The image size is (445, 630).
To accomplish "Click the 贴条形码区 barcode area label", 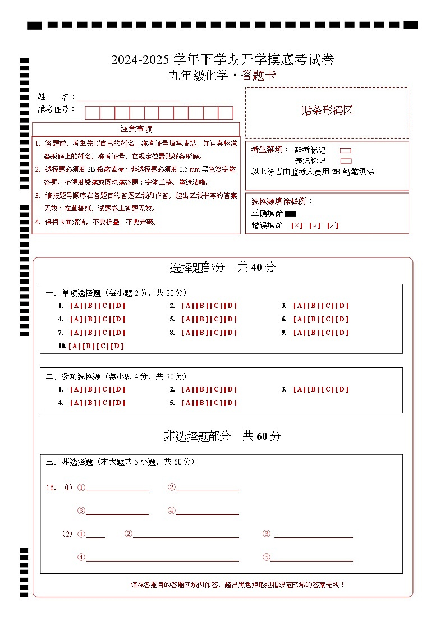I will point(327,111).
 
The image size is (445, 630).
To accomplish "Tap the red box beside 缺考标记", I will point(346,150).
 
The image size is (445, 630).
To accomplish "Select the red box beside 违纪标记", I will point(346,161).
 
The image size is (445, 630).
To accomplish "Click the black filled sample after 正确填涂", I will point(291,214).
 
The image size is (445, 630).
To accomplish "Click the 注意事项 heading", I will point(136,129).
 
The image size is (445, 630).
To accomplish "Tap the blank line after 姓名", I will point(129,98).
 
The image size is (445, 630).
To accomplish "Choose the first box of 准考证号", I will point(92,113).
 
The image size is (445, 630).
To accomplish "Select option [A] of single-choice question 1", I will point(76,306).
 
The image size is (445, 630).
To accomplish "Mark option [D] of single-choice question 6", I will point(342,320).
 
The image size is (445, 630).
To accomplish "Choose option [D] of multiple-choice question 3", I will point(342,389).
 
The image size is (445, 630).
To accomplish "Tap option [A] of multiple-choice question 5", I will point(188,403).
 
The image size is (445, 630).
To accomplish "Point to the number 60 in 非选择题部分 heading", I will point(263,436).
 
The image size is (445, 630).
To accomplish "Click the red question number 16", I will point(51,488).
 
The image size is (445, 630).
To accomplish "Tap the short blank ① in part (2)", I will point(95,535).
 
